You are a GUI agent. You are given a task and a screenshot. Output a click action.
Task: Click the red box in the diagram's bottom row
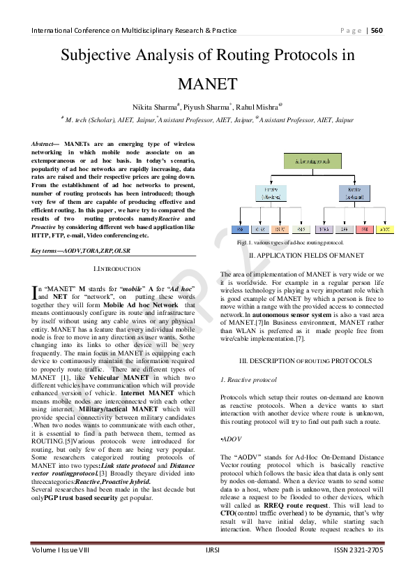pos(365,228)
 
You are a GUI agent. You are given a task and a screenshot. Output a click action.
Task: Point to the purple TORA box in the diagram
pos(323,228)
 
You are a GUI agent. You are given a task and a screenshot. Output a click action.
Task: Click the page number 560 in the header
pos(377,30)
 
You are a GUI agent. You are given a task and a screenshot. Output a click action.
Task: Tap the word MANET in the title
pos(207,84)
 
